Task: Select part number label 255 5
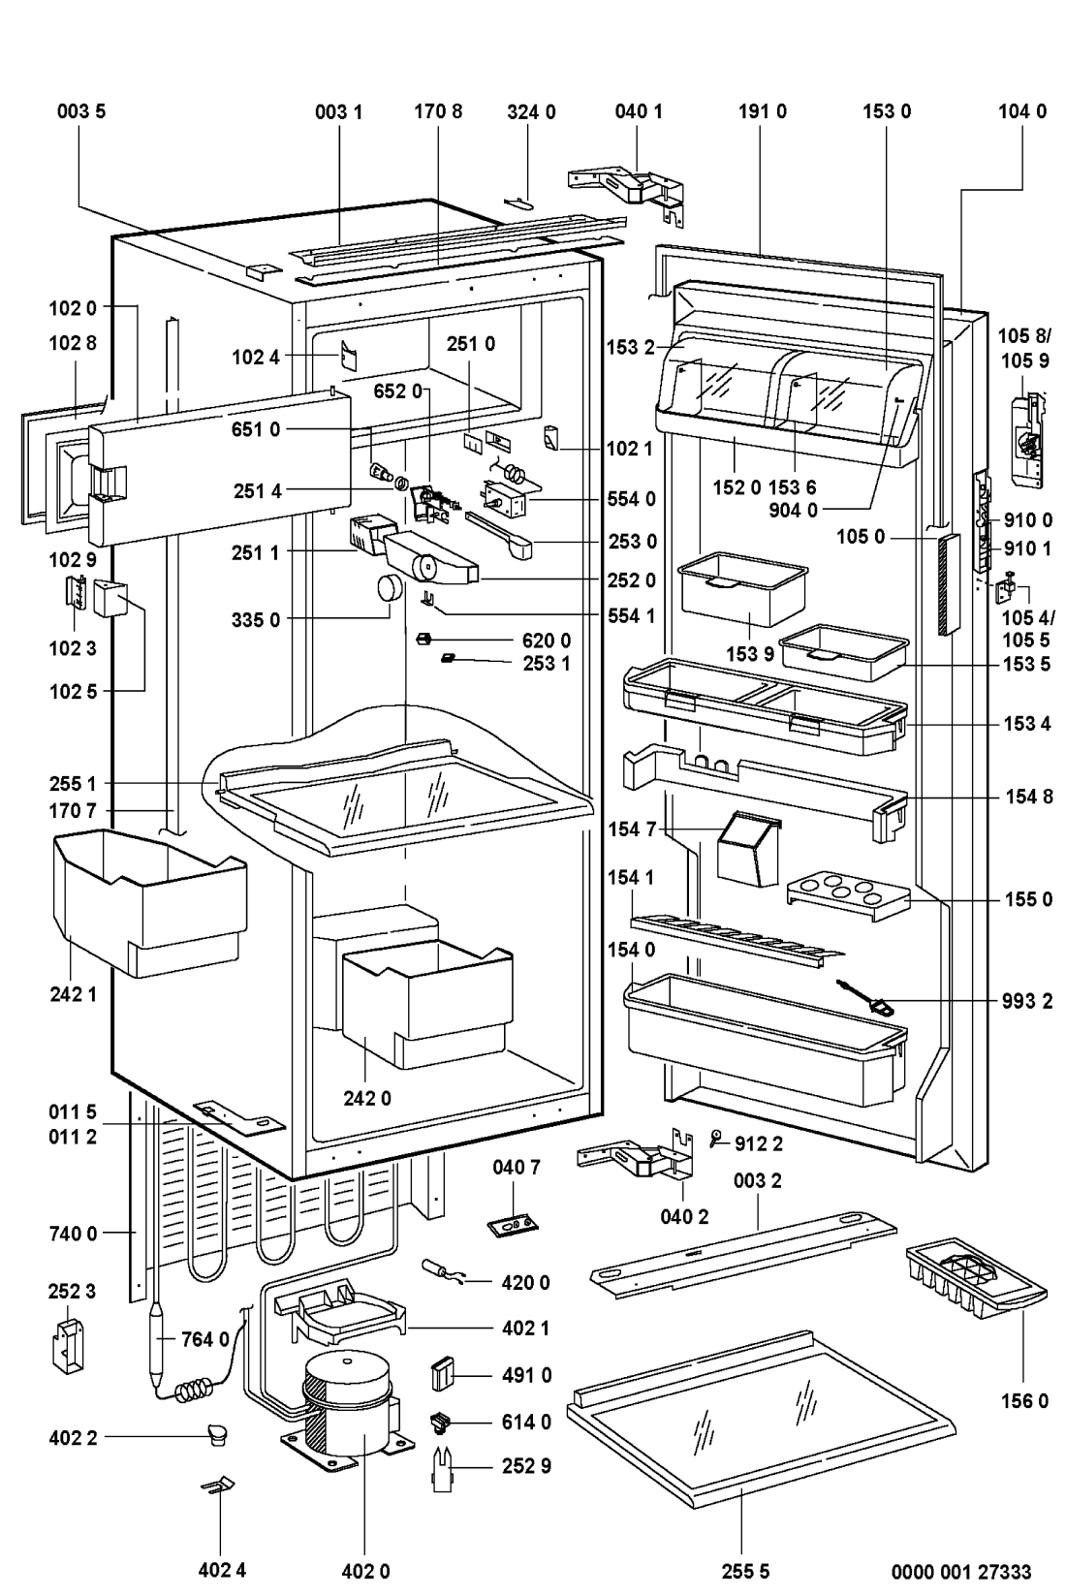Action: point(744,1571)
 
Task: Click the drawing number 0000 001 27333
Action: point(961,1571)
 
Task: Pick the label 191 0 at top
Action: point(762,111)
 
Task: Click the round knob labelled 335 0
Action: point(389,587)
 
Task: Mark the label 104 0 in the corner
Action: point(1021,111)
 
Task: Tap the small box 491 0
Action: point(443,1375)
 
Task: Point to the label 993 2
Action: point(1027,1001)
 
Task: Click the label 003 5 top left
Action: point(79,111)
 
